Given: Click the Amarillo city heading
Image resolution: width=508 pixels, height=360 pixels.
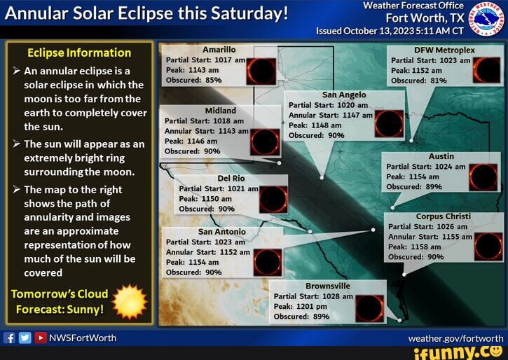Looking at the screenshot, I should (219, 50).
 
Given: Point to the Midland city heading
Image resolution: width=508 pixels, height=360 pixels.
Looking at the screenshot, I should (220, 110).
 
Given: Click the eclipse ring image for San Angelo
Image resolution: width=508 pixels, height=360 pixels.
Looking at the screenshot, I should (389, 123).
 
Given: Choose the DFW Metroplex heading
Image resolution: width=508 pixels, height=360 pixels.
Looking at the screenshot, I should (444, 50).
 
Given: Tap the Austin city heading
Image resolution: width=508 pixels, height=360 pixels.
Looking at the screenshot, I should (441, 156).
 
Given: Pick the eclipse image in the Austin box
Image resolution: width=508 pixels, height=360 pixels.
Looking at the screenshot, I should (483, 176).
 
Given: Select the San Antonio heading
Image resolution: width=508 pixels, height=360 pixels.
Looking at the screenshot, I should (222, 231).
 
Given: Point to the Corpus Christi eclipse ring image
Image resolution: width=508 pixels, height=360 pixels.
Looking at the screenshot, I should (488, 246).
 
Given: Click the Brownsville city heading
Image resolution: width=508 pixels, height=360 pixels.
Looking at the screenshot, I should (328, 286).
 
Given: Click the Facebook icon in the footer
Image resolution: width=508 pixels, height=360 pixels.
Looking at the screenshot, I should (10, 338).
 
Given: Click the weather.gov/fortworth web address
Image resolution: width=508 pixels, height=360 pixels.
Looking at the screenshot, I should (455, 338).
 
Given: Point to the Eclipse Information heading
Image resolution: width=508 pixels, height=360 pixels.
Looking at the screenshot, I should (78, 53).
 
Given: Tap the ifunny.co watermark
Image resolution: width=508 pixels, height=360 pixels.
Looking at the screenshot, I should (458, 352).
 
